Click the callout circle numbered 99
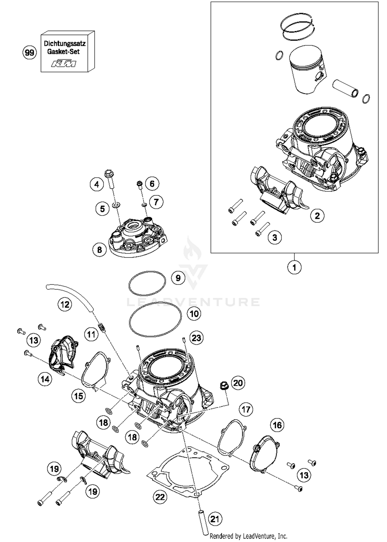(x=29, y=53)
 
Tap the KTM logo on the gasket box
(x=64, y=64)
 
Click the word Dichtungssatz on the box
(x=65, y=44)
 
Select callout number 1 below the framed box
(x=294, y=267)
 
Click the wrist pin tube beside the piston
(x=345, y=88)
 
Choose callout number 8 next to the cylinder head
(x=100, y=250)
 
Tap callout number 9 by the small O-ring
(x=178, y=278)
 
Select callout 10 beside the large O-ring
(x=194, y=314)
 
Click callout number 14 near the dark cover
(x=45, y=379)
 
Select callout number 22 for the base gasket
(x=160, y=496)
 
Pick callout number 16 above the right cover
(x=277, y=425)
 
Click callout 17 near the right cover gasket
(x=246, y=409)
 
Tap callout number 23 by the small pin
(x=196, y=338)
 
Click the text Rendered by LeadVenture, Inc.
(x=248, y=536)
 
